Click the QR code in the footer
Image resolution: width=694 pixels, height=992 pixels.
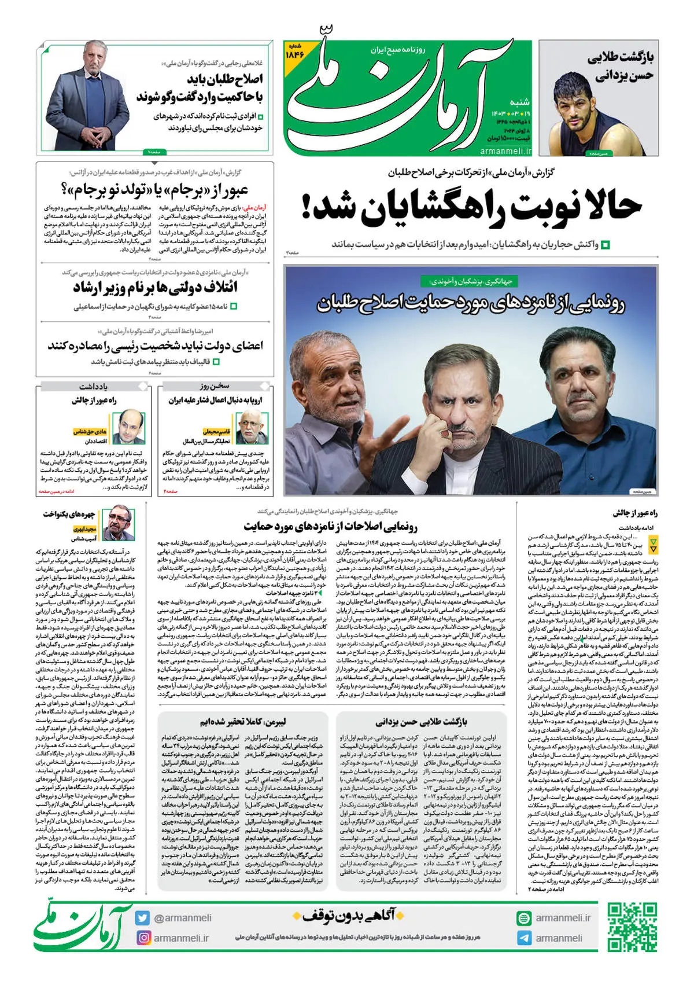pyautogui.click(x=633, y=927)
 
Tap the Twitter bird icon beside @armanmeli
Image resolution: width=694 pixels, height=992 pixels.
pyautogui.click(x=143, y=918)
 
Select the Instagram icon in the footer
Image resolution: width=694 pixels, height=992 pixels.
pyautogui.click(x=143, y=938)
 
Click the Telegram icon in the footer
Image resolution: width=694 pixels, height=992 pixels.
pyautogui.click(x=524, y=938)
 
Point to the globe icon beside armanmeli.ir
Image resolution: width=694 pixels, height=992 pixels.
pyautogui.click(x=524, y=918)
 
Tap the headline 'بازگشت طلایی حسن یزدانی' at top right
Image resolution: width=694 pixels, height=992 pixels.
pyautogui.click(x=621, y=67)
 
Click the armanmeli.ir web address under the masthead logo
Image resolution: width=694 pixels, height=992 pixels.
pyautogui.click(x=505, y=150)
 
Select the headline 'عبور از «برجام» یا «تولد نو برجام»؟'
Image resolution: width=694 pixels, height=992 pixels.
pyautogui.click(x=155, y=189)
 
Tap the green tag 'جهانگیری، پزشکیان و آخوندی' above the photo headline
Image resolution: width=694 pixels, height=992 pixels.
pyautogui.click(x=470, y=281)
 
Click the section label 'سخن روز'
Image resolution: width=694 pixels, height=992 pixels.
pyautogui.click(x=215, y=385)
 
